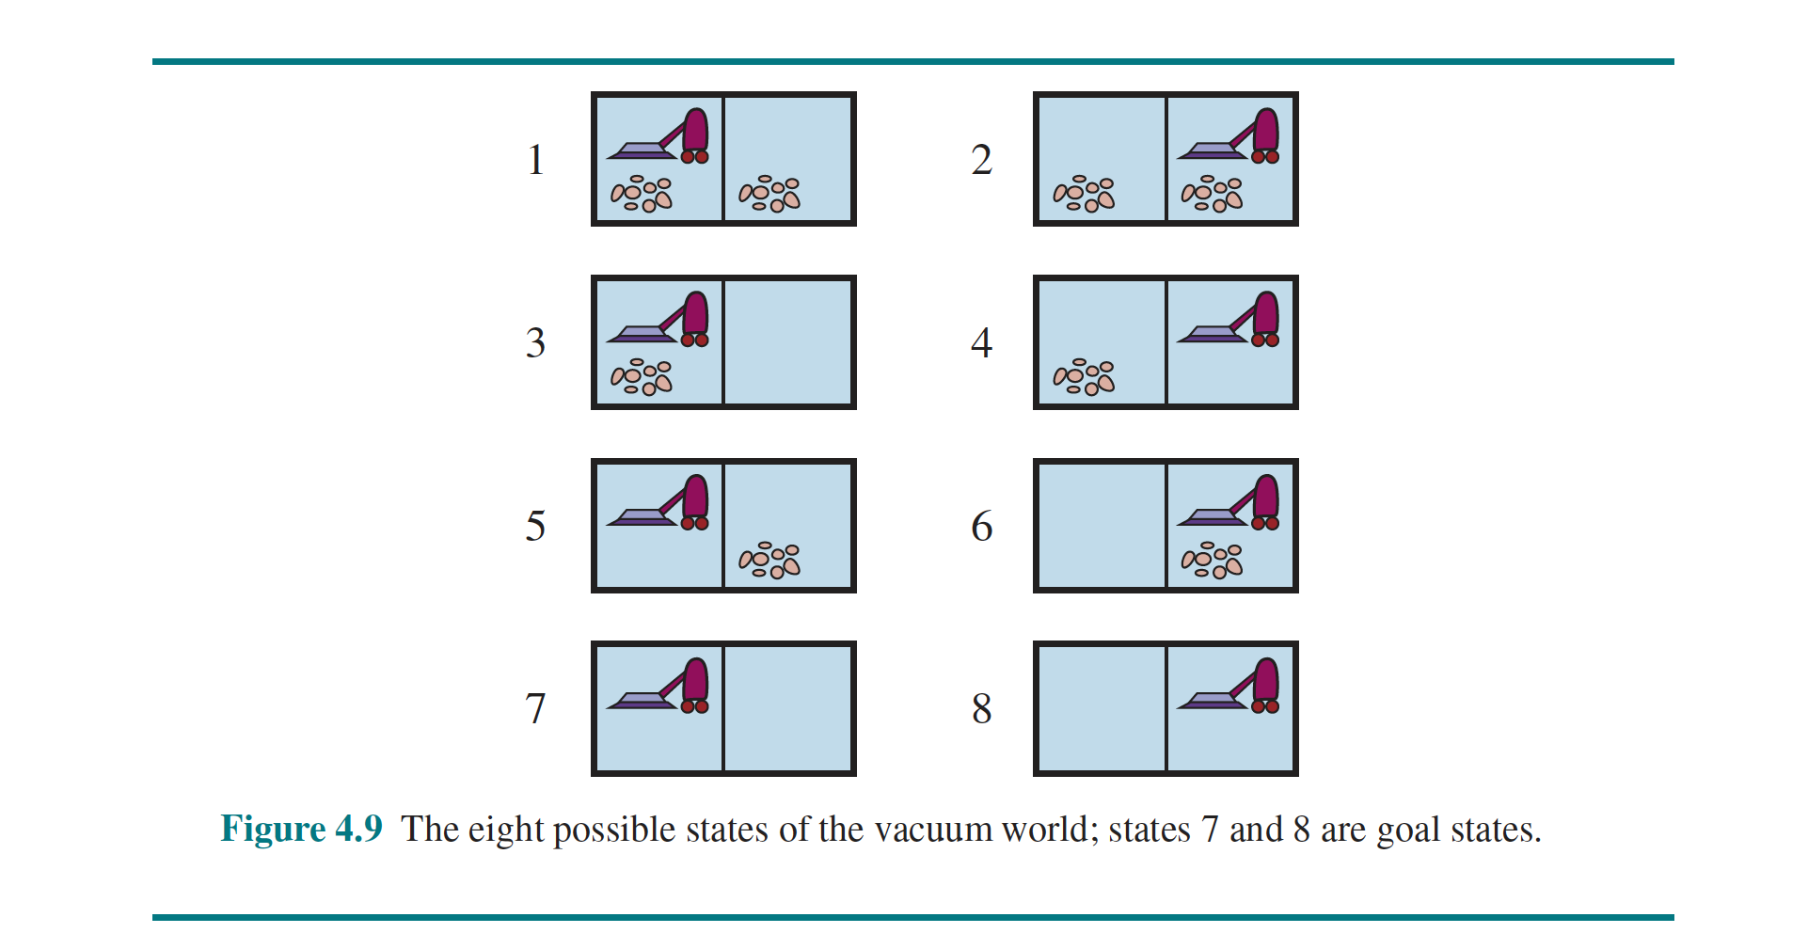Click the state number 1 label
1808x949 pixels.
tap(535, 160)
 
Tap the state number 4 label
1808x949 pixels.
tap(981, 343)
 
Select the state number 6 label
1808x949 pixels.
tap(981, 527)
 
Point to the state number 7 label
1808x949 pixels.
tap(535, 709)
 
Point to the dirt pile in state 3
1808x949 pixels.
tap(642, 377)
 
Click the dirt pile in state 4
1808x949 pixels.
tap(1084, 377)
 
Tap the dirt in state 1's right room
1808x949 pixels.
tap(769, 194)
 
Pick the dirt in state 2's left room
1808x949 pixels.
tap(1084, 194)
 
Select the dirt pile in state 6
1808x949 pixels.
tap(1212, 561)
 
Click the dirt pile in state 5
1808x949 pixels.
tap(769, 561)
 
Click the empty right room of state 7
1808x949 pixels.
tap(788, 709)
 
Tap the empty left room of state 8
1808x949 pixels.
tap(1101, 709)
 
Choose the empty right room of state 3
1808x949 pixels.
tap(788, 343)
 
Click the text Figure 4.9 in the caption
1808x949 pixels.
tap(301, 830)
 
